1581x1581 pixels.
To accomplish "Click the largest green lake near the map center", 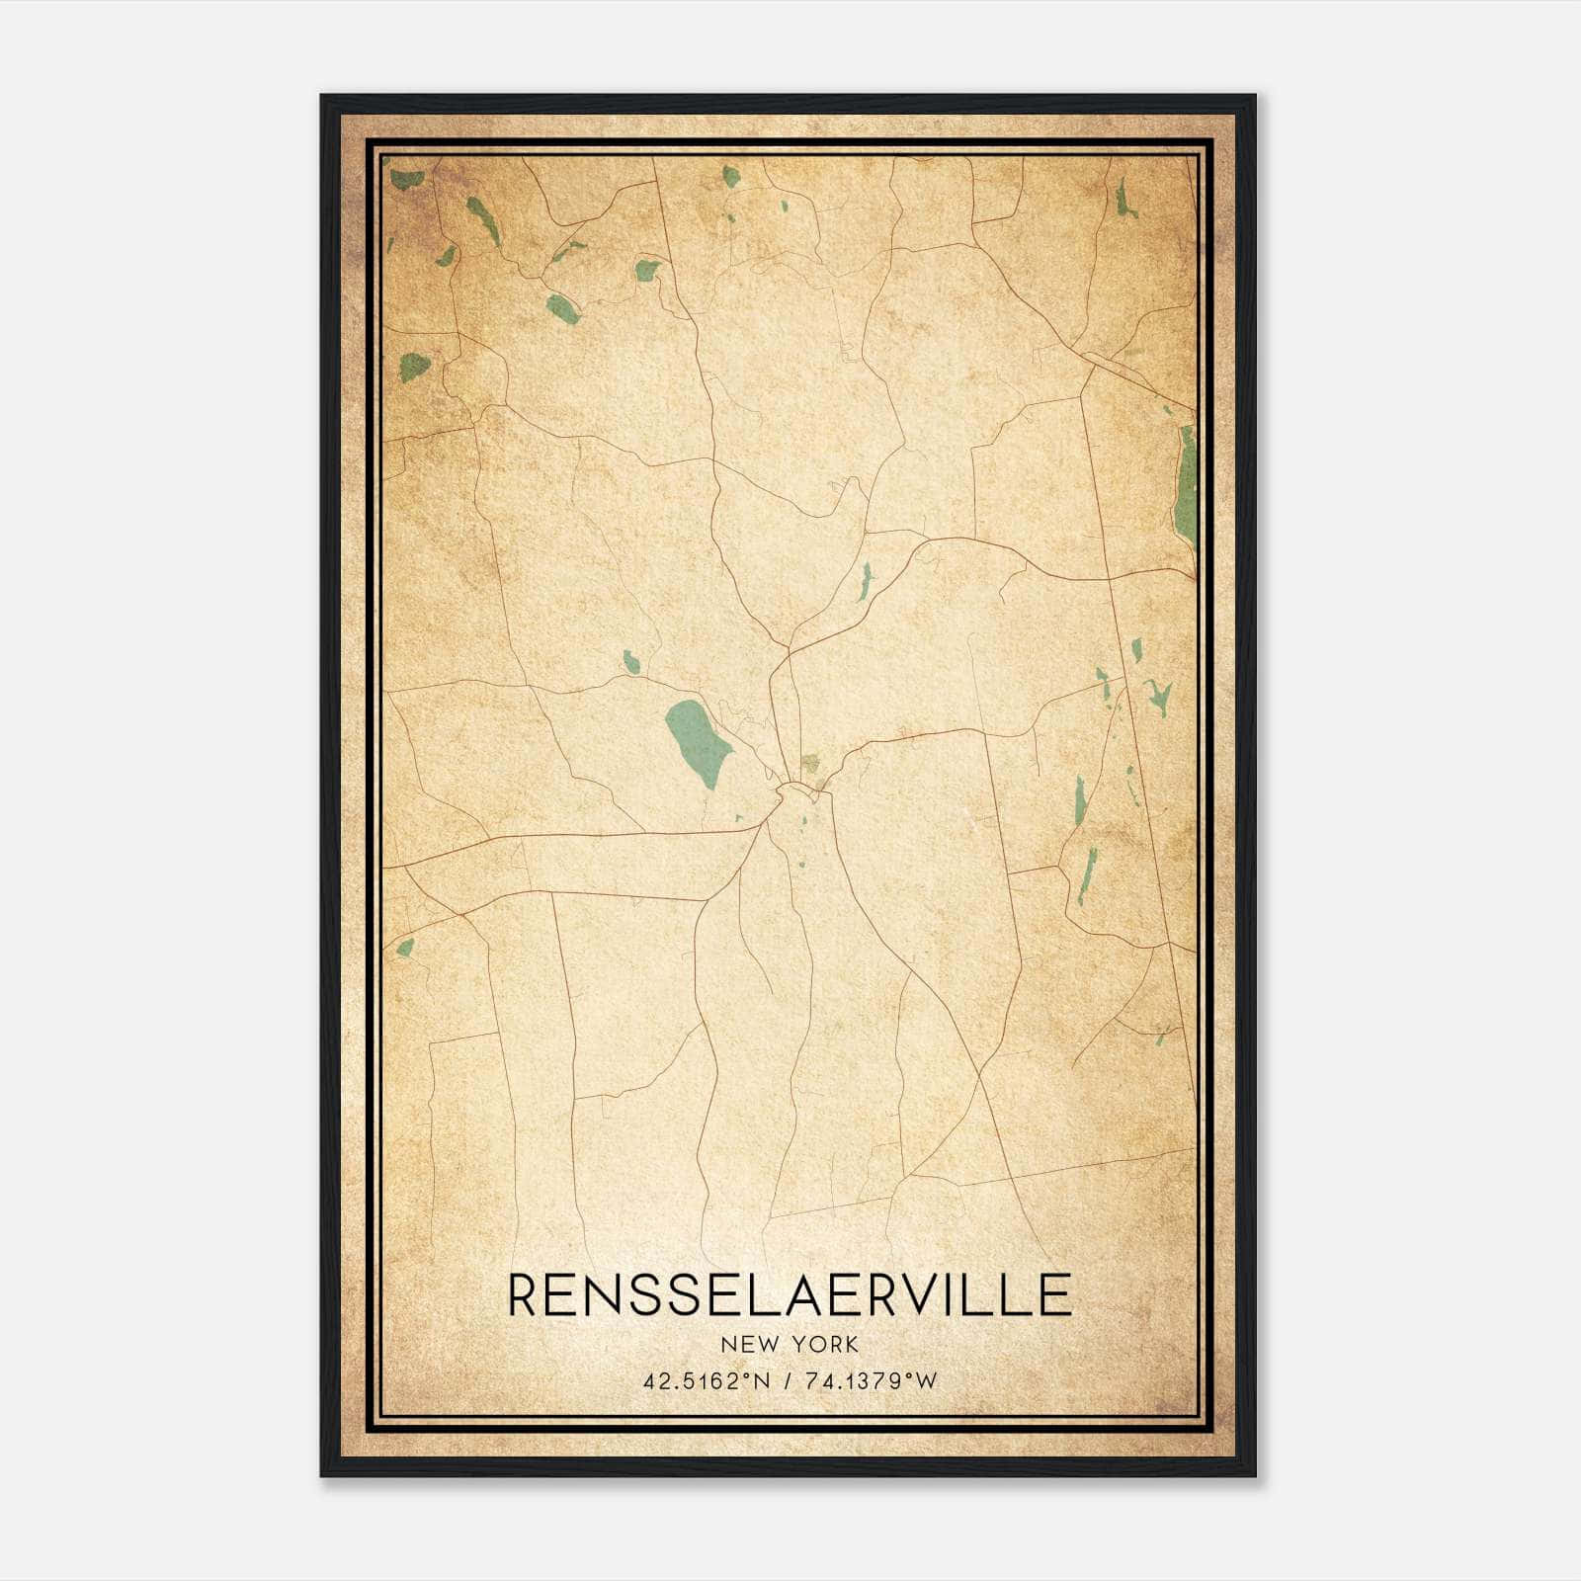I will click(698, 742).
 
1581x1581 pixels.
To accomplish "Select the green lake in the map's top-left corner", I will click(406, 180).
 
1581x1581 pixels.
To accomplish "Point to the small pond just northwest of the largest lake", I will click(630, 661).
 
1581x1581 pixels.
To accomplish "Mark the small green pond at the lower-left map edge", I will click(404, 948).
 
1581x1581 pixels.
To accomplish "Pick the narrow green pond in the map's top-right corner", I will click(1124, 201).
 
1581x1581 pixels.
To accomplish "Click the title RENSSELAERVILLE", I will click(790, 1295).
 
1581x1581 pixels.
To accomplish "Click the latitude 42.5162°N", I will click(705, 1381).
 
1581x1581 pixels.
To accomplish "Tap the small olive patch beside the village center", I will click(810, 762).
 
